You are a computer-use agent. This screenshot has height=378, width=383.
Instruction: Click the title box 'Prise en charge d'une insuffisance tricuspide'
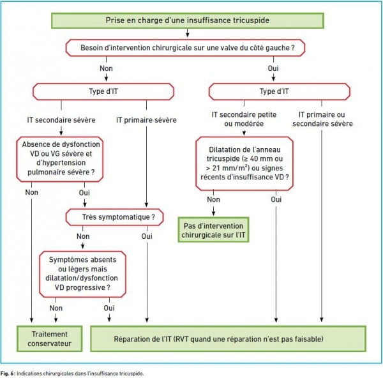pos(187,20)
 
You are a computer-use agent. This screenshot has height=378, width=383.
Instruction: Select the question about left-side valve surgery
pos(185,48)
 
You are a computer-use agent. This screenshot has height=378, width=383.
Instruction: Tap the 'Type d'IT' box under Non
pos(103,92)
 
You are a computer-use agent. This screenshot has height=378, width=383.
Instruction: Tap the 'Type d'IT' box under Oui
pos(280,92)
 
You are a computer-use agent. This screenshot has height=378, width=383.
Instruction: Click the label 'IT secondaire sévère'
pos(61,120)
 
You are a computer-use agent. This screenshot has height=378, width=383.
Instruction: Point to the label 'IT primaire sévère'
pos(146,120)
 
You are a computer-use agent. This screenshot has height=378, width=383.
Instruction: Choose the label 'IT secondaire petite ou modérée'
pos(244,119)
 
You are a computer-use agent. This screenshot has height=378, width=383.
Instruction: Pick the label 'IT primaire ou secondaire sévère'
pos(322,119)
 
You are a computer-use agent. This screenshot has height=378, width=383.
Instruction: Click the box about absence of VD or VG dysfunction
pos(60,159)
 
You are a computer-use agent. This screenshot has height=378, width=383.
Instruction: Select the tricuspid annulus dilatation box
pos(244,163)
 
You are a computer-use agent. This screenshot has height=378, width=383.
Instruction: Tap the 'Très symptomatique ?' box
pos(114,217)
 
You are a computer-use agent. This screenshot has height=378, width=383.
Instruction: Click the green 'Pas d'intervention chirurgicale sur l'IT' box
pos(213,230)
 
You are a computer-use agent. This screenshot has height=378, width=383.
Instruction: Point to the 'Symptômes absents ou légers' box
pos(82,274)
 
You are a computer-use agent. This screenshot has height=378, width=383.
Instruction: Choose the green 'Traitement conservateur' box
pos(50,338)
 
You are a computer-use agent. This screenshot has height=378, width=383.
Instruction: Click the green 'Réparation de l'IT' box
pos(228,338)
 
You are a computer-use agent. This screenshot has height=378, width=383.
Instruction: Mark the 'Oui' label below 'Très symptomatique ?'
pos(147,236)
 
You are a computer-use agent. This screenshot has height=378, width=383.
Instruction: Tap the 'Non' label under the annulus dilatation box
pos(213,200)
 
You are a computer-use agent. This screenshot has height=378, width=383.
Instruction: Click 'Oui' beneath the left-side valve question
pos(273,68)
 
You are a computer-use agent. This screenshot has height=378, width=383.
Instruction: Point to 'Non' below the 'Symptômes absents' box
pos(56,308)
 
